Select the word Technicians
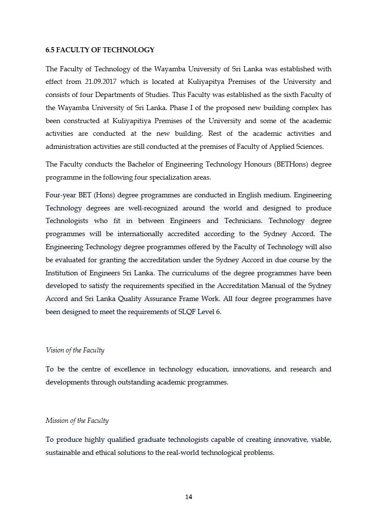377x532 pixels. pos(243,221)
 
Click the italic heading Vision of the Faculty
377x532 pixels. pos(75,350)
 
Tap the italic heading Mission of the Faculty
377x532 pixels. pos(77,421)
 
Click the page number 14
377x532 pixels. pos(189,497)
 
